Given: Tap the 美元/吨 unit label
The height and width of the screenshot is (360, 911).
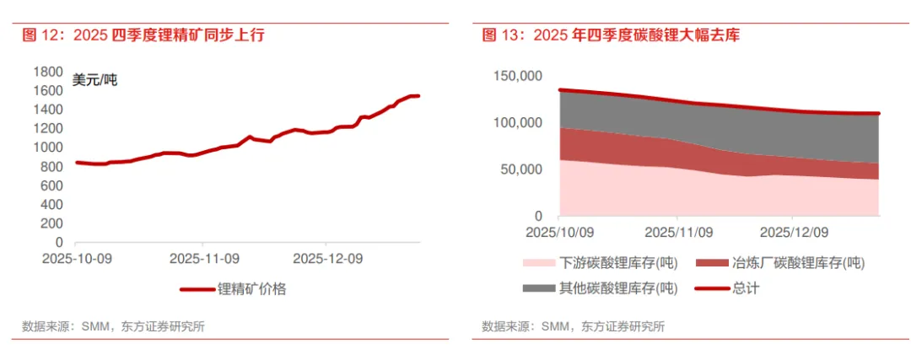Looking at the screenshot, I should pos(95,81).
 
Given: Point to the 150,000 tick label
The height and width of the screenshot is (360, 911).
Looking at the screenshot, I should pos(518,77).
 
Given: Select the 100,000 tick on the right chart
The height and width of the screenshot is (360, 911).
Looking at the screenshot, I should pos(518,123).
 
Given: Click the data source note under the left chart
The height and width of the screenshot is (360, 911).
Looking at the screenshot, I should pos(114,326).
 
